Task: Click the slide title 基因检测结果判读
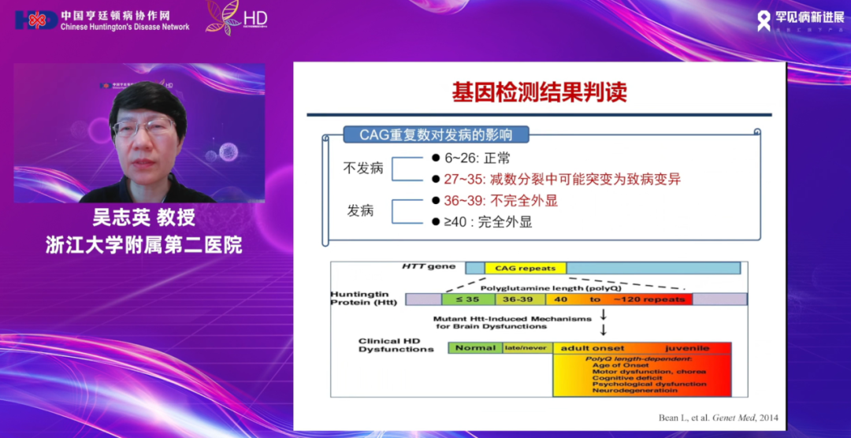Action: click(539, 92)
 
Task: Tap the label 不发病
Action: click(363, 168)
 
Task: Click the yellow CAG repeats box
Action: click(526, 268)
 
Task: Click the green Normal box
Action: click(476, 347)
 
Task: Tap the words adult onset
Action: click(592, 347)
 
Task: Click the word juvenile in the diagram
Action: click(686, 347)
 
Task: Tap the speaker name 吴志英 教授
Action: click(143, 218)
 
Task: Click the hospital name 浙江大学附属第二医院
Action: click(143, 245)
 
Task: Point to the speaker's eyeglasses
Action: click(143, 126)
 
